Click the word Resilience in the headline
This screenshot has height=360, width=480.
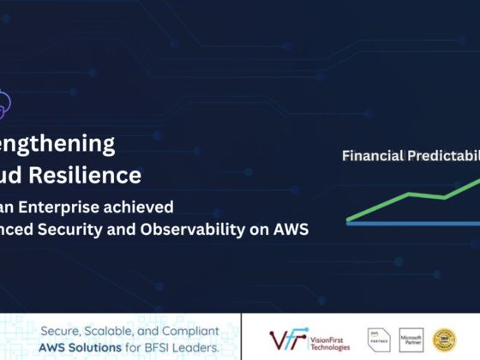(95, 176)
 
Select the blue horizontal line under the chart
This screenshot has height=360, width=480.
(411, 223)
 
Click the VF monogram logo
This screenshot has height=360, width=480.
(285, 339)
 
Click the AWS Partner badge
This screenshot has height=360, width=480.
(377, 339)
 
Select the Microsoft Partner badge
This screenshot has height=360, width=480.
(411, 339)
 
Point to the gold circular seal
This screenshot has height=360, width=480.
(445, 339)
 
